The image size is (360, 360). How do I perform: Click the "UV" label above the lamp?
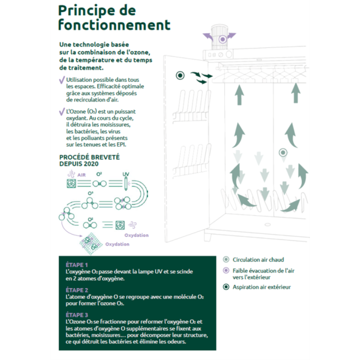[126, 173]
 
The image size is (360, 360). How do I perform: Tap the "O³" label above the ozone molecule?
[90, 193]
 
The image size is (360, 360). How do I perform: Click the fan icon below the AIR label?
[71, 184]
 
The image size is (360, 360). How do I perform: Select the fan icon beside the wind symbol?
[120, 224]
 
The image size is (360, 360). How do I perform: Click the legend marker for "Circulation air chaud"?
[226, 259]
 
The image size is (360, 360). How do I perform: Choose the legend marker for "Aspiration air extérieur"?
[226, 287]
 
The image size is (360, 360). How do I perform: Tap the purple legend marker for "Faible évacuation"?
[226, 270]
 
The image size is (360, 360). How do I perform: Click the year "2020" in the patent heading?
[91, 163]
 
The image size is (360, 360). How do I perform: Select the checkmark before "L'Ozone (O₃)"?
[61, 111]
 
